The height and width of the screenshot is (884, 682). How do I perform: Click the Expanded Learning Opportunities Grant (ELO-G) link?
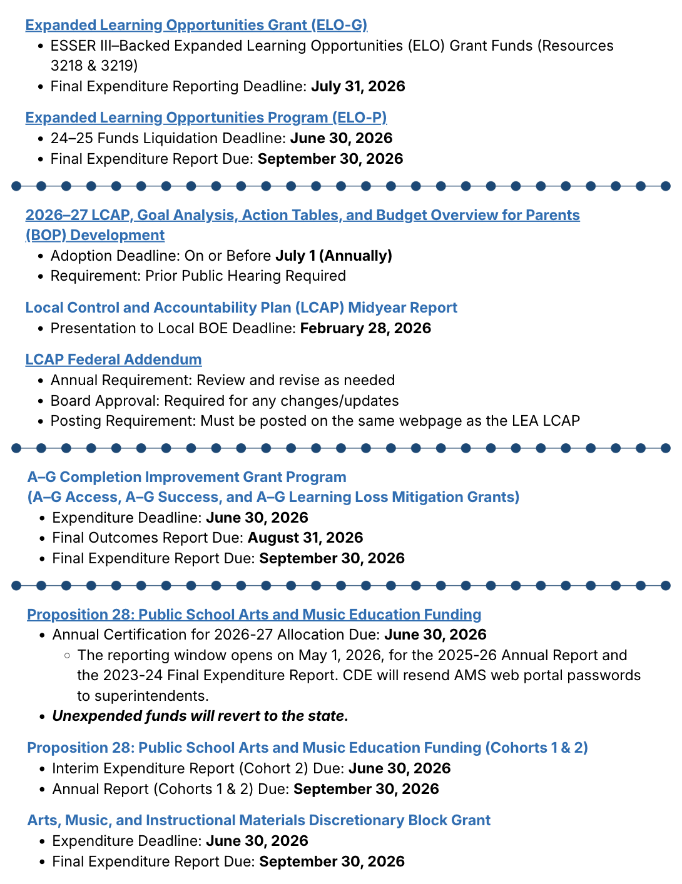(196, 25)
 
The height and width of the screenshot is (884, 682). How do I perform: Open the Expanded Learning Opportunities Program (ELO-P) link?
(206, 118)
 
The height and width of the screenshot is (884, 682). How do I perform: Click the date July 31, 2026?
(358, 86)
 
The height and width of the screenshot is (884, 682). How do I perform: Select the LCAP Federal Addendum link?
(113, 359)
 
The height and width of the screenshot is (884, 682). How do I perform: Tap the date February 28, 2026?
(365, 328)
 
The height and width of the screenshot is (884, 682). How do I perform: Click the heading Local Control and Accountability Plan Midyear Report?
(241, 308)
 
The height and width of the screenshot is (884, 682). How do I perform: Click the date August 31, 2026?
(305, 538)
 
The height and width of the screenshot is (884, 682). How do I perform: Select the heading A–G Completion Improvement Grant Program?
(186, 477)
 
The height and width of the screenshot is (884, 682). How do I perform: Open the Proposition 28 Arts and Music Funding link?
(254, 615)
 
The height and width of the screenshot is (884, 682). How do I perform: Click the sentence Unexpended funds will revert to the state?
(200, 716)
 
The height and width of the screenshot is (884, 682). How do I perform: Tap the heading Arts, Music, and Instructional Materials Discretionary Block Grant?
(258, 820)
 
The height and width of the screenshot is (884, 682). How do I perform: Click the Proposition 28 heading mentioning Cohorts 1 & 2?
(307, 748)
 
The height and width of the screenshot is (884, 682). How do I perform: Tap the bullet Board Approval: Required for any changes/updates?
(225, 401)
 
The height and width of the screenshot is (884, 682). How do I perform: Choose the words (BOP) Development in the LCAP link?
(95, 235)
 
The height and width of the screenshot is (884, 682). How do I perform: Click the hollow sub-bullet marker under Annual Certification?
(66, 655)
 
